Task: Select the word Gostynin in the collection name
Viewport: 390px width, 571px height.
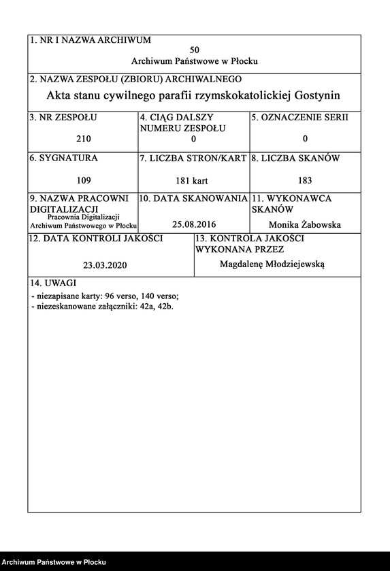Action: pos(313,96)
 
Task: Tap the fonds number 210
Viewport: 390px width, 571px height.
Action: pos(84,139)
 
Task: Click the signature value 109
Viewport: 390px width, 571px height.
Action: pos(84,181)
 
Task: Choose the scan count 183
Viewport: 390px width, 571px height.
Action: pos(305,181)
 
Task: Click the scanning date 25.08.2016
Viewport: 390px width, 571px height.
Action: pos(193,224)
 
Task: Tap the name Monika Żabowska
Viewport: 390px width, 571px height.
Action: pos(305,224)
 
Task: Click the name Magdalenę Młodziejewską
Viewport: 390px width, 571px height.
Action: pos(272,264)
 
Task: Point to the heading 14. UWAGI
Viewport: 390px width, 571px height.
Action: pos(53,283)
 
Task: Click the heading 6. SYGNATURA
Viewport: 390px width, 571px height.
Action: pos(63,158)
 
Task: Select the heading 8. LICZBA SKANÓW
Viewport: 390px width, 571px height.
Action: pos(295,158)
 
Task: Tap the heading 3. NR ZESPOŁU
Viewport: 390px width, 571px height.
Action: pos(63,118)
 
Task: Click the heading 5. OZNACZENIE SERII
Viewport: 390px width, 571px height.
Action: pos(299,118)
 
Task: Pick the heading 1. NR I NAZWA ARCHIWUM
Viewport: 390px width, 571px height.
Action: pos(90,41)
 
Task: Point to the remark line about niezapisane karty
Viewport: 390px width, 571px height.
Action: pos(105,296)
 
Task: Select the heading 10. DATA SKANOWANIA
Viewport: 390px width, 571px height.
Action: pos(193,198)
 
